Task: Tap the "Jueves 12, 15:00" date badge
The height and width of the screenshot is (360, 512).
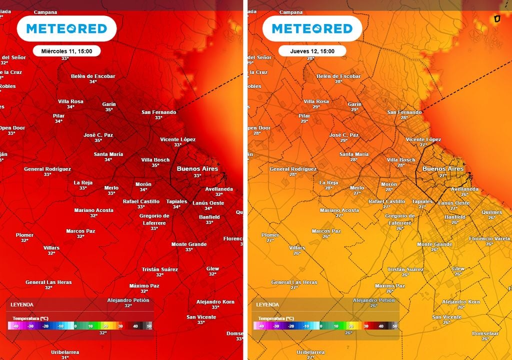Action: [312, 51]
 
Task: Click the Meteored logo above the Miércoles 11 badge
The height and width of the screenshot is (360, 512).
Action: [66, 28]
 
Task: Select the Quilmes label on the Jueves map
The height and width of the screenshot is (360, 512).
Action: [491, 212]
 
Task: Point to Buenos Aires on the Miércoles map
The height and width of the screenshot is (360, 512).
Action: [197, 169]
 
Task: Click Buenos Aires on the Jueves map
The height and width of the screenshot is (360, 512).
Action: [443, 169]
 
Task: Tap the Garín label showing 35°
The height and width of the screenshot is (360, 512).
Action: [109, 104]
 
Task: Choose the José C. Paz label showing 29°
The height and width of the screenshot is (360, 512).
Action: [344, 135]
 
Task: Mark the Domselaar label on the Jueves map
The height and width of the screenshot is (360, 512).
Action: [485, 333]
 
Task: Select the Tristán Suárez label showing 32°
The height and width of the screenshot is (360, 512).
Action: [160, 269]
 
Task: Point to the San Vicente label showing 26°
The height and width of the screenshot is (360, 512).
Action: [447, 317]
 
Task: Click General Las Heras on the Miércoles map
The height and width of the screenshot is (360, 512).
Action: [48, 282]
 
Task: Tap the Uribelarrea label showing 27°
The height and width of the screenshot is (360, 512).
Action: [310, 352]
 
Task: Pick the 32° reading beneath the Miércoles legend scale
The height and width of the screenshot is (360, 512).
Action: [103, 332]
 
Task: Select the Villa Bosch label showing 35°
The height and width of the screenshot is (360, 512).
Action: [155, 160]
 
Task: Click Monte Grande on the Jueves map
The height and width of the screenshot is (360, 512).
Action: [434, 244]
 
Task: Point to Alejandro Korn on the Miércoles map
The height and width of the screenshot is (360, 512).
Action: [215, 302]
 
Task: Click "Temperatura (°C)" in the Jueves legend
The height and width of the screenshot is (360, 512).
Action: [276, 318]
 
